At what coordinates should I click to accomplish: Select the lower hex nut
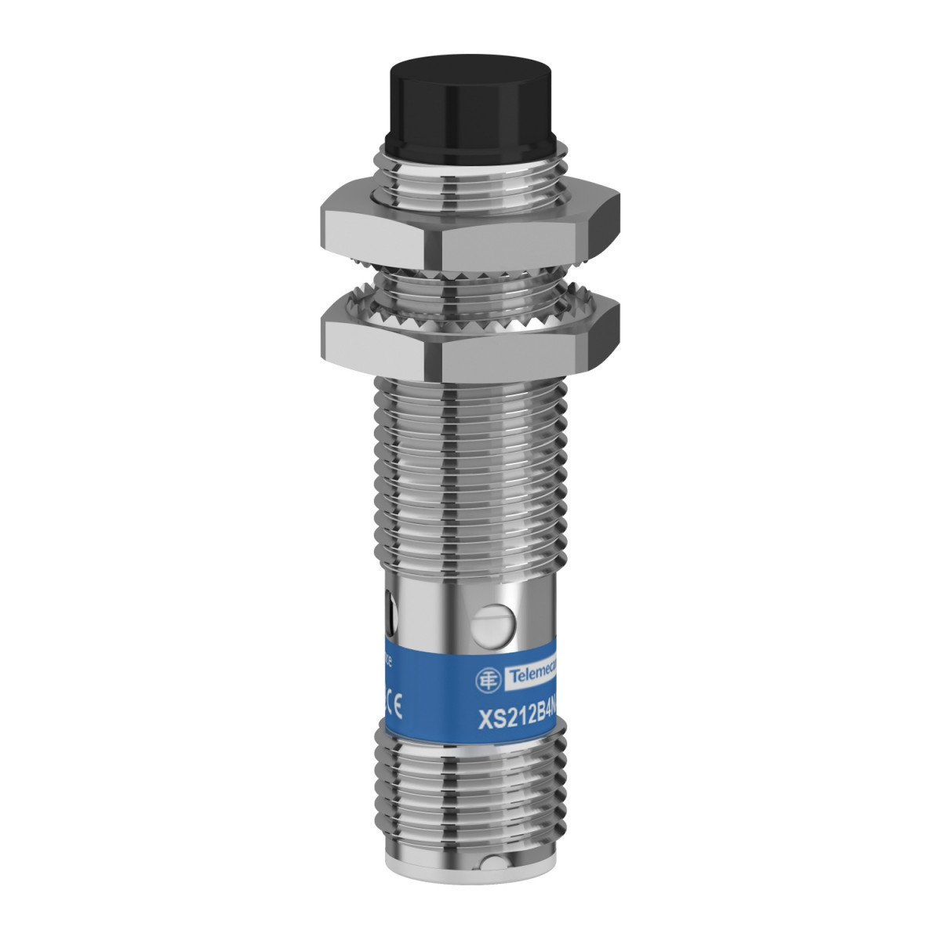click(x=470, y=338)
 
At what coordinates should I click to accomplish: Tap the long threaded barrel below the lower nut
click(x=470, y=463)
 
